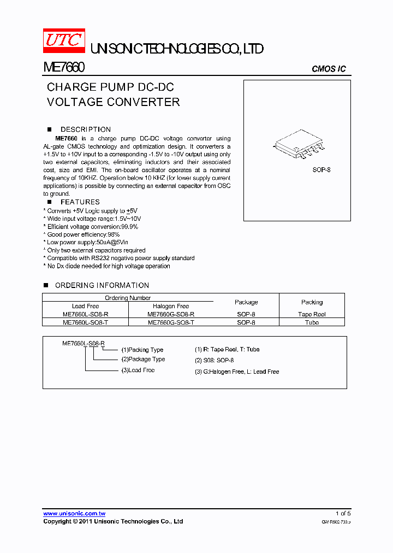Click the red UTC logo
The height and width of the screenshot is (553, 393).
click(64, 40)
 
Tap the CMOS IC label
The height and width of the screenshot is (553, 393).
click(329, 69)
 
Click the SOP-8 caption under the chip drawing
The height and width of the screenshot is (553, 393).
click(321, 170)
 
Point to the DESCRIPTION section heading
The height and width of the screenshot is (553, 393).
click(85, 130)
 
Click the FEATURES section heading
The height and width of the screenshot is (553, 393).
click(80, 202)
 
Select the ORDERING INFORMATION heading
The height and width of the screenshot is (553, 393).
click(102, 285)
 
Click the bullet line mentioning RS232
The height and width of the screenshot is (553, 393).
click(120, 258)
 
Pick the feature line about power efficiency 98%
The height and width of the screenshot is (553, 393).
click(83, 234)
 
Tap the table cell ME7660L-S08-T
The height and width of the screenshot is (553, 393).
click(86, 322)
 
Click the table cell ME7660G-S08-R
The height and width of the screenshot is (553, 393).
click(171, 314)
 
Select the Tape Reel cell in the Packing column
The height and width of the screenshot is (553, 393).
click(312, 314)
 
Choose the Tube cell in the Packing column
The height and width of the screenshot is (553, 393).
click(312, 322)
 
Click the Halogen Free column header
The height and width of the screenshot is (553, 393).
click(171, 306)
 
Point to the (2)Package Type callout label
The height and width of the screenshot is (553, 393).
click(143, 360)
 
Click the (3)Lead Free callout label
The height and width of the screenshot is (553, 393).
click(138, 370)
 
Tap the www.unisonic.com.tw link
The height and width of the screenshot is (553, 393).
click(74, 513)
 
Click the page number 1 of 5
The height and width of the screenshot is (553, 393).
click(343, 513)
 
